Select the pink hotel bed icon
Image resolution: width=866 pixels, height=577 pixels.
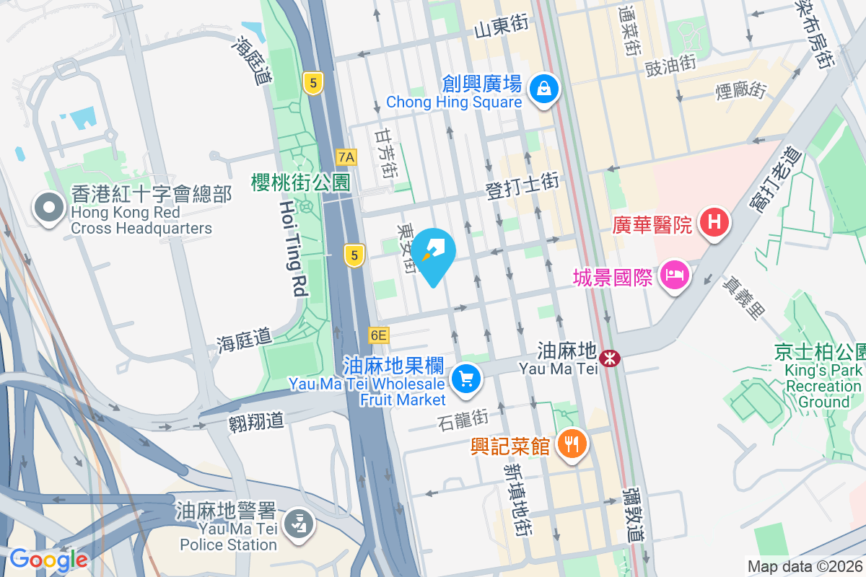[x=673, y=275]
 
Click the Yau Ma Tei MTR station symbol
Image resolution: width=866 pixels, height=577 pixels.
[x=611, y=356]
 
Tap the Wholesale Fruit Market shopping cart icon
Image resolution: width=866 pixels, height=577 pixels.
[x=465, y=378]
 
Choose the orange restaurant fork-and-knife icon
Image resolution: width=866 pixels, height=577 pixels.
[x=572, y=444]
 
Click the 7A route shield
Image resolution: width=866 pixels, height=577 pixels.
[x=346, y=157]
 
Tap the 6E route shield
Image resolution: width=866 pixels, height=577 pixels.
[x=378, y=335]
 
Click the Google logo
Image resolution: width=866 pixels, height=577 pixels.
[x=48, y=559]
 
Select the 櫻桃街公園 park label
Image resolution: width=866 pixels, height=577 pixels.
[x=300, y=182]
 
